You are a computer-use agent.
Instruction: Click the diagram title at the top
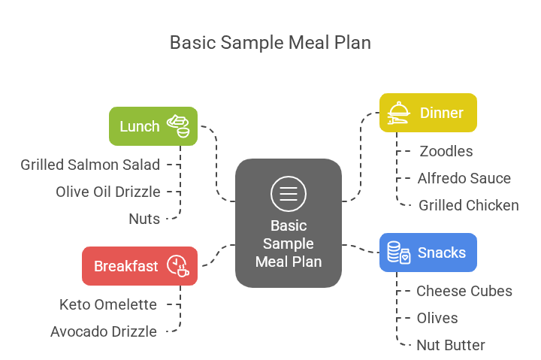[x=270, y=42]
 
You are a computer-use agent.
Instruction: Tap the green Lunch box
[x=153, y=126]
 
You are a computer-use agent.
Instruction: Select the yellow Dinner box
[x=428, y=113]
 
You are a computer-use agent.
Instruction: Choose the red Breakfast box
[x=140, y=266]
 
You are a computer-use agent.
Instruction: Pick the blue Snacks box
[x=428, y=253]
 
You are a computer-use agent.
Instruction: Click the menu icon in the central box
[x=289, y=193]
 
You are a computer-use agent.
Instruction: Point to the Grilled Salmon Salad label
[x=90, y=165]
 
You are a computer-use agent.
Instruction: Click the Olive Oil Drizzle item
[x=108, y=192]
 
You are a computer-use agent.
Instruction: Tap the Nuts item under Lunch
[x=144, y=219]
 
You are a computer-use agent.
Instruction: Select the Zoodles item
[x=446, y=151]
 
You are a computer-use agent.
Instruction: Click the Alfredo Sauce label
[x=464, y=178]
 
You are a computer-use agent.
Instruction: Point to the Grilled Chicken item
[x=469, y=205]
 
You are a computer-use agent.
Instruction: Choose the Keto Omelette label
[x=108, y=304]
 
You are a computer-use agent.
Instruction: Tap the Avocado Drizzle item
[x=104, y=331]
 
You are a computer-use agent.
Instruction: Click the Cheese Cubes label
[x=464, y=291]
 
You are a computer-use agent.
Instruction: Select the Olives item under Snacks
[x=437, y=318]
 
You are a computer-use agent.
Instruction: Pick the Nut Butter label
[x=451, y=345]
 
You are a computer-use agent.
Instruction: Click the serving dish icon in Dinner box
[x=398, y=113]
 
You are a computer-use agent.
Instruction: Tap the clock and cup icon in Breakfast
[x=177, y=266]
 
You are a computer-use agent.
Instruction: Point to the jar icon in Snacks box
[x=398, y=253]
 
